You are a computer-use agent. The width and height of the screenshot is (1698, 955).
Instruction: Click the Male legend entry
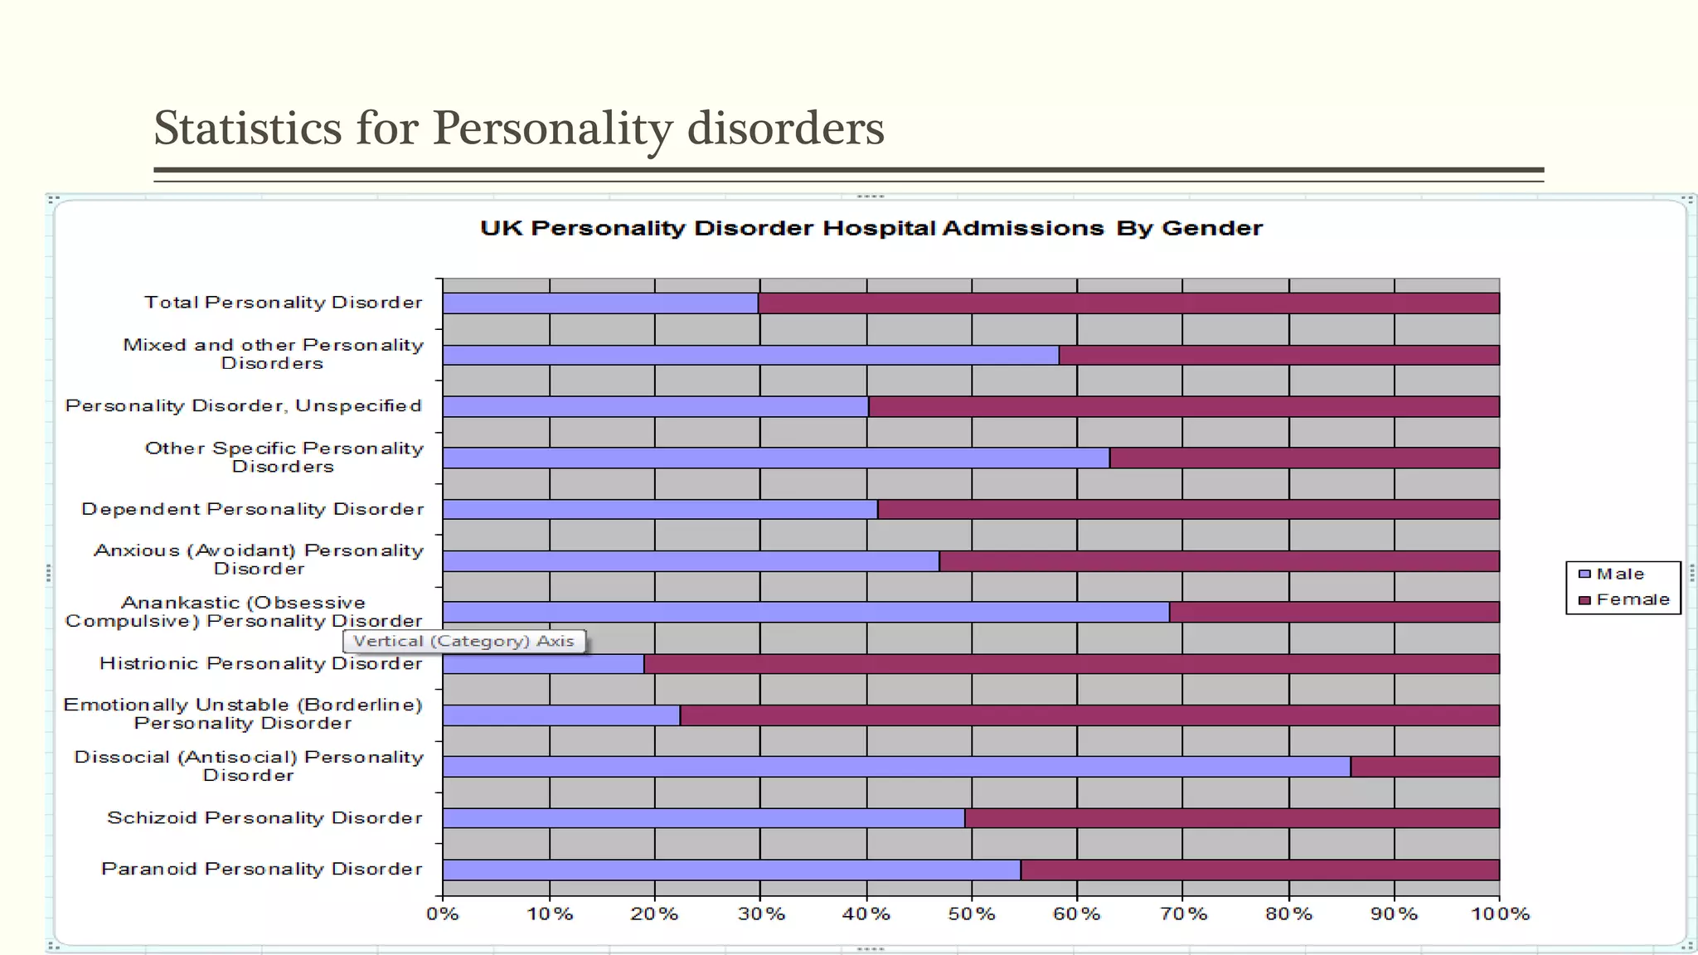(x=1619, y=574)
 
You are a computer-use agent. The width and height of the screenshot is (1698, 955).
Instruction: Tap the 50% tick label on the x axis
(x=972, y=914)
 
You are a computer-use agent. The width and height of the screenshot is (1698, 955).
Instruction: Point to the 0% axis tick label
(x=443, y=914)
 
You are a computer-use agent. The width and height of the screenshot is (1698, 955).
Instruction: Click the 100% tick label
(x=1500, y=914)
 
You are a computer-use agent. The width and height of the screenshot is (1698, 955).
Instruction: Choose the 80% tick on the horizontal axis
(x=1289, y=914)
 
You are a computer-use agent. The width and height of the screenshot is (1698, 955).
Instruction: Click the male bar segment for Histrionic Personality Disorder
(x=543, y=664)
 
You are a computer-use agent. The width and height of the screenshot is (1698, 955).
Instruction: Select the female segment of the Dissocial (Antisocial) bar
(x=1424, y=767)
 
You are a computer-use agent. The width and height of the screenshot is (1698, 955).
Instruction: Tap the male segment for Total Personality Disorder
(x=600, y=303)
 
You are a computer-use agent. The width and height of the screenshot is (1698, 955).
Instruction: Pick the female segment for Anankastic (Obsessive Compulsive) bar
(x=1334, y=613)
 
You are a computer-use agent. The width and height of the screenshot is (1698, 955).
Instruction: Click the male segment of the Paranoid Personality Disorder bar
(x=731, y=870)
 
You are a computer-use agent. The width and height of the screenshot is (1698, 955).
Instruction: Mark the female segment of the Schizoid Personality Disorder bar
(x=1232, y=818)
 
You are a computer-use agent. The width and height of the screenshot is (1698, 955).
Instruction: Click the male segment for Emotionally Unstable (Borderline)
(x=561, y=715)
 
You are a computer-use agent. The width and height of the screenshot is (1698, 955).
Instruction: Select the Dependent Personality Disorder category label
(x=253, y=509)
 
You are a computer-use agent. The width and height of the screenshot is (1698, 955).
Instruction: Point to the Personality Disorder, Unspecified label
(x=244, y=406)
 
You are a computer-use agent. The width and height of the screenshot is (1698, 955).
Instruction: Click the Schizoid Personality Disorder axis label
(x=264, y=818)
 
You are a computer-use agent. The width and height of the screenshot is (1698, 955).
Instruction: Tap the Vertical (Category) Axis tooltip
(x=463, y=642)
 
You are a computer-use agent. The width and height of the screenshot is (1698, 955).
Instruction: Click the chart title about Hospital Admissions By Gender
(x=871, y=229)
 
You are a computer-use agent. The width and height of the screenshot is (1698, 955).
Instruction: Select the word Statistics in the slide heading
(x=248, y=129)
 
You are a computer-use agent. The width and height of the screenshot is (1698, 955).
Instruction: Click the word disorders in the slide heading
(x=785, y=129)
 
